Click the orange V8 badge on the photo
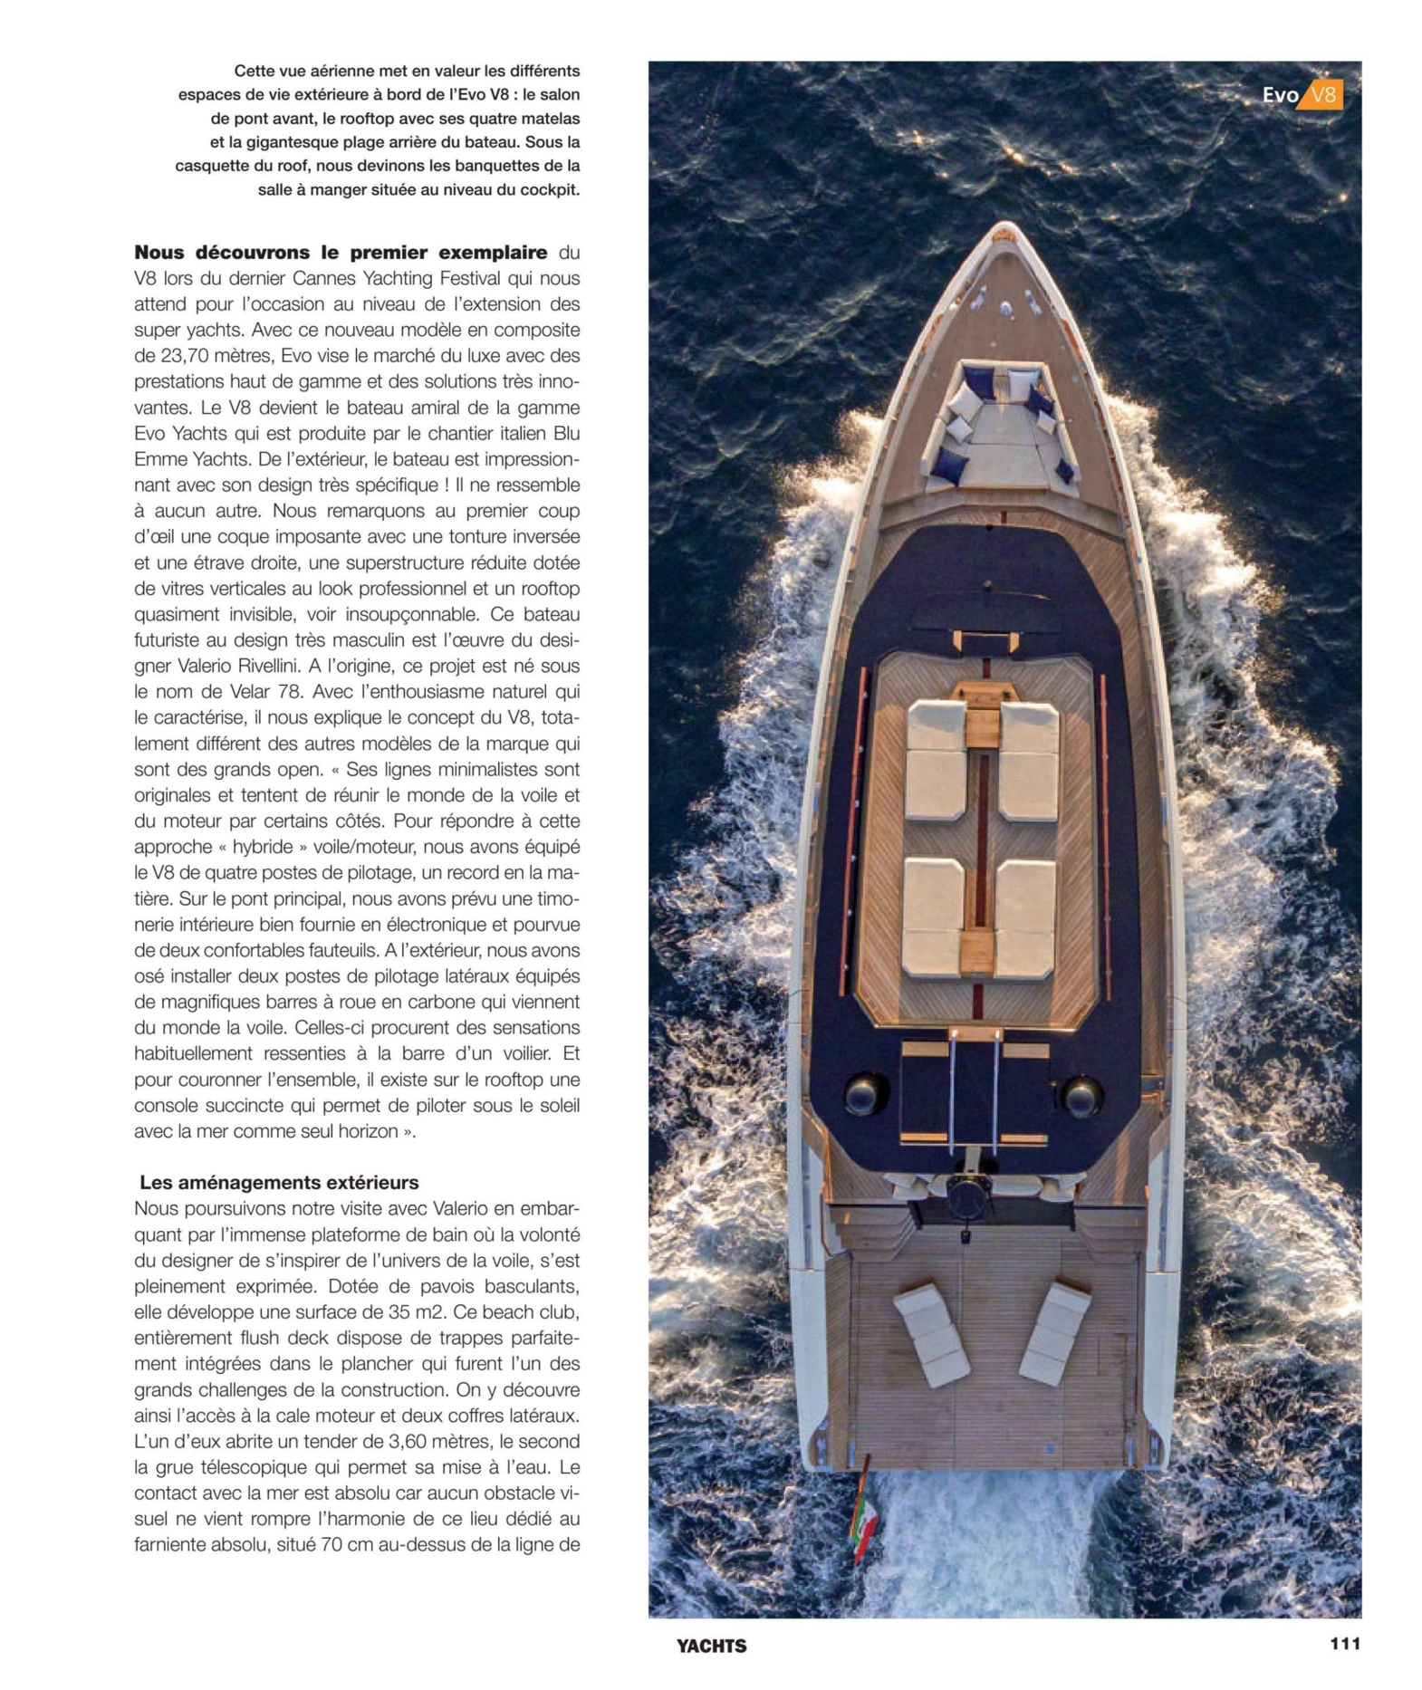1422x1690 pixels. tap(1323, 95)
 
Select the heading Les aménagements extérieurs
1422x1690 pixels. tap(279, 1182)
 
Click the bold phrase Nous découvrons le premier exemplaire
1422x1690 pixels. tap(341, 252)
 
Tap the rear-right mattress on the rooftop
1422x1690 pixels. tap(1025, 915)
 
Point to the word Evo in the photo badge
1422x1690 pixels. tap(1279, 95)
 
